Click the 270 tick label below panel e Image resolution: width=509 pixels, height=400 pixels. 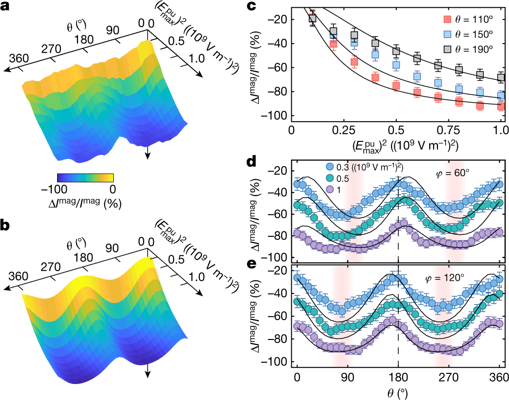pyautogui.click(x=449, y=377)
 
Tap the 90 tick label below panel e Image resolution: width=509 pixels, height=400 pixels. pyautogui.click(x=347, y=377)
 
